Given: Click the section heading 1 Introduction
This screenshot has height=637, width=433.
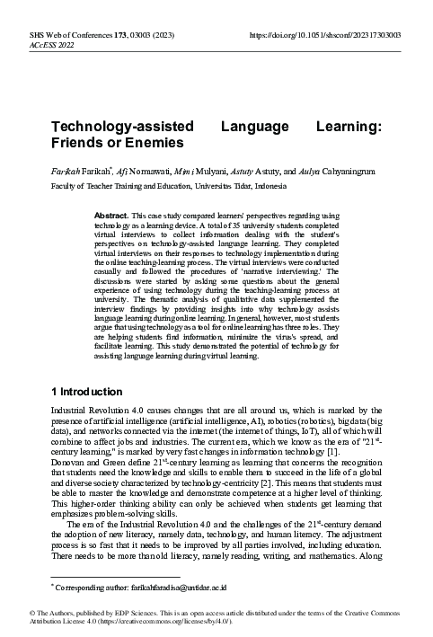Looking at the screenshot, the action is pos(85,392).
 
